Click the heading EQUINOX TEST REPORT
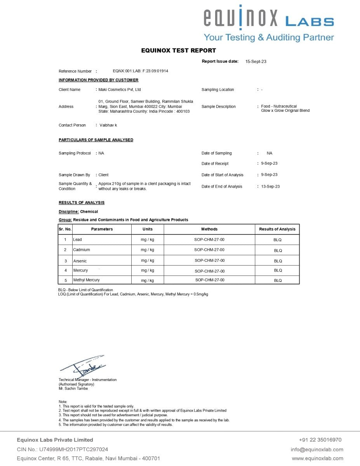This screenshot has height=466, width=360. click(178, 50)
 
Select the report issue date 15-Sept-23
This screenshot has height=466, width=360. click(256, 61)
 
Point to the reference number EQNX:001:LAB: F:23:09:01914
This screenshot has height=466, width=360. click(140, 71)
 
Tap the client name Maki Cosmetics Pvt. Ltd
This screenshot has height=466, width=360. click(120, 90)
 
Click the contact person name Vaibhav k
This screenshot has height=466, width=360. click(108, 125)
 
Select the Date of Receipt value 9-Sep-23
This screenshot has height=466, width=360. click(269, 163)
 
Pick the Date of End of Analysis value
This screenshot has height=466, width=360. click(270, 186)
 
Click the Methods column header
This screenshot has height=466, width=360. click(209, 229)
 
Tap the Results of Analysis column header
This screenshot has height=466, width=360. click(277, 229)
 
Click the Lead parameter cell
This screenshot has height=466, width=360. click(78, 240)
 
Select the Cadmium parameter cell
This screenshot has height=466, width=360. click(82, 250)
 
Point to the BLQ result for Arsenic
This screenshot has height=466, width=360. click(278, 261)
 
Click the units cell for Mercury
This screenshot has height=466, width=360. click(148, 270)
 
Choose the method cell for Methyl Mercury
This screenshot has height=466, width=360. click(210, 280)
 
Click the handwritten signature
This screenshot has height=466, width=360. click(83, 366)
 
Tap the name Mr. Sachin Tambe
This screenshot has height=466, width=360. click(73, 388)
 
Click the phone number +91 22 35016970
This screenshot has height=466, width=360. click(320, 440)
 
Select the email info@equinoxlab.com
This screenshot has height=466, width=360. click(317, 449)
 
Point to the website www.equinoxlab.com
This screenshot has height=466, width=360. click(317, 458)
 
